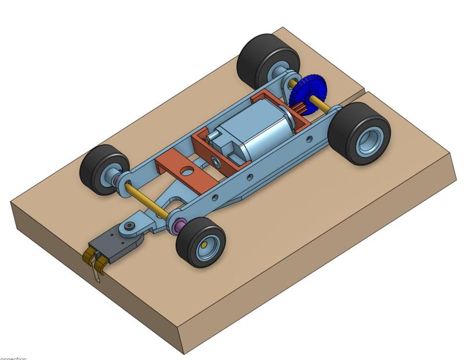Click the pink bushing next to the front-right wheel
pos(179,225)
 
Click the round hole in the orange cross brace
pos(186,170)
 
